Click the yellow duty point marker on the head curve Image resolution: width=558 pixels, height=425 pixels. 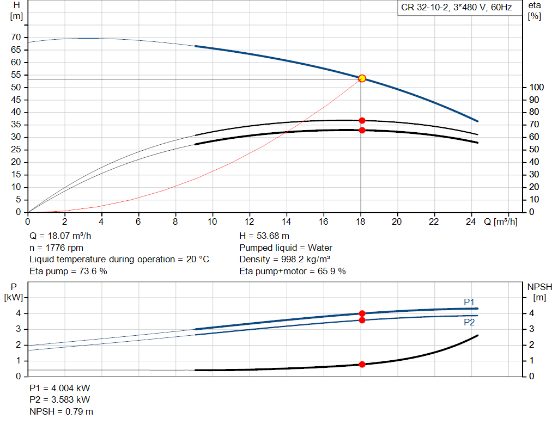362,78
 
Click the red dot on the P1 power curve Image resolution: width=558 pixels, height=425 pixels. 362,313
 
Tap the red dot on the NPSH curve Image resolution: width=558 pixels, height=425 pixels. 362,364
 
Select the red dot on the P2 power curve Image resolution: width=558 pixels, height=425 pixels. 362,320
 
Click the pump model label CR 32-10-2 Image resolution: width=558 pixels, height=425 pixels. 424,8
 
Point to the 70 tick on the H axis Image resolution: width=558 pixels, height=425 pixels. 16,37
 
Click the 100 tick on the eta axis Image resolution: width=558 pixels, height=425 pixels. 536,87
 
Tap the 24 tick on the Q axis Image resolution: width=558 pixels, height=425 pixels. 470,221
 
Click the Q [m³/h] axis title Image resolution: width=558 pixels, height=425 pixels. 500,221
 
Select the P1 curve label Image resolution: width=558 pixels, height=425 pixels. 469,302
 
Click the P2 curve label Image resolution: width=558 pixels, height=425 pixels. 469,322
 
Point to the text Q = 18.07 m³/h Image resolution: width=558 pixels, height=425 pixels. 60,236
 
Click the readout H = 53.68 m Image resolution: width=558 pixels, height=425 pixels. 264,236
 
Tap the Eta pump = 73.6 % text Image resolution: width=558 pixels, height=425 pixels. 68,271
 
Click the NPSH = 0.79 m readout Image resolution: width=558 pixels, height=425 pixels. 61,411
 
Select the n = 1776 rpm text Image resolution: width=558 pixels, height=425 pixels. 56,248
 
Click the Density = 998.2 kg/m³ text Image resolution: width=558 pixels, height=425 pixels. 284,259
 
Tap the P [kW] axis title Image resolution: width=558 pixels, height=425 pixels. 14,292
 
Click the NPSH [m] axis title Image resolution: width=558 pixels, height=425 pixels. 539,292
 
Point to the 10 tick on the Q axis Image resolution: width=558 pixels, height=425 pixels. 212,221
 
